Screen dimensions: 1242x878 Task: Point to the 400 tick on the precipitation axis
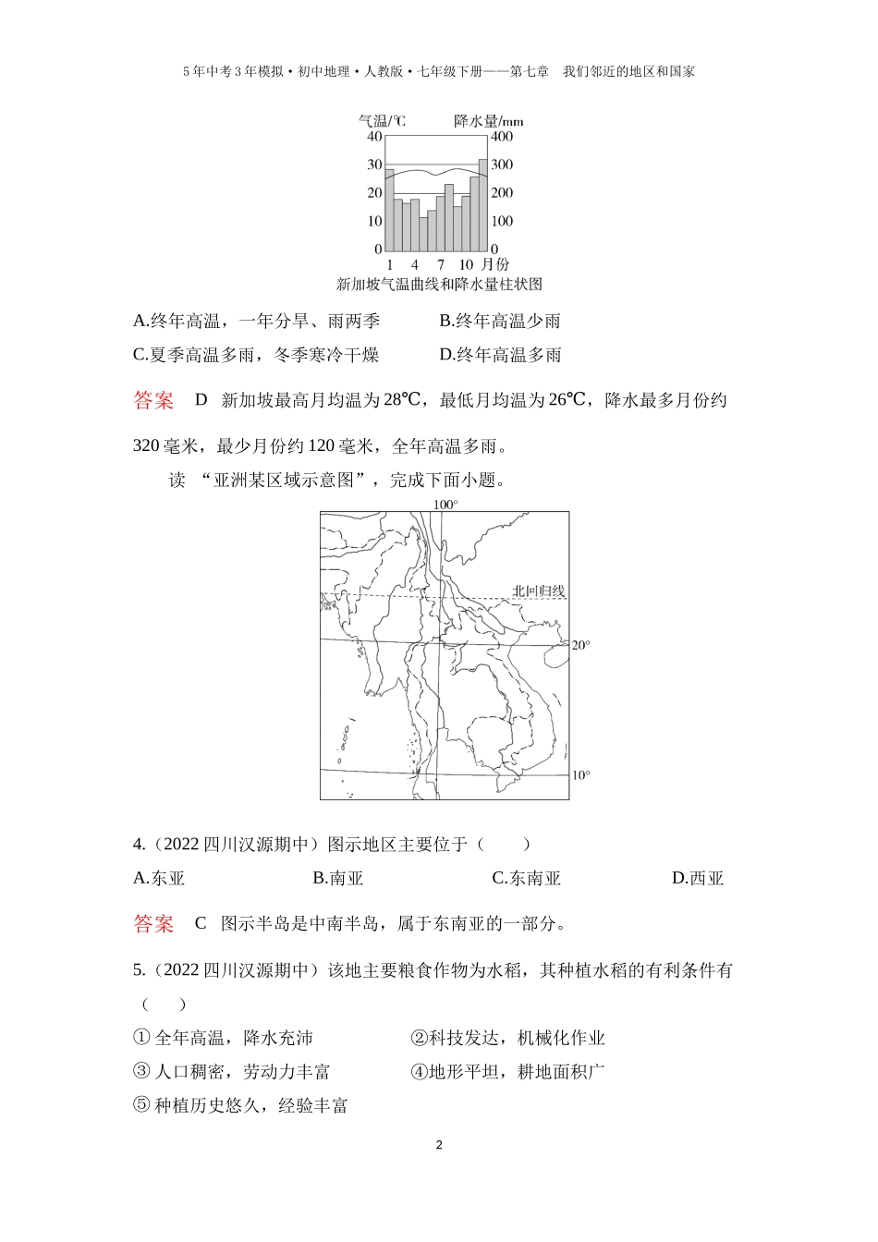click(x=502, y=137)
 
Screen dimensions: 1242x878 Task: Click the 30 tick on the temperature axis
click(x=374, y=164)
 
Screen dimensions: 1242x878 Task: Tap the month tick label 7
click(x=440, y=265)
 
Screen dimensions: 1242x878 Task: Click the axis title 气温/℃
click(x=381, y=121)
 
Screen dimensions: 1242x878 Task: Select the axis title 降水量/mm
click(x=488, y=121)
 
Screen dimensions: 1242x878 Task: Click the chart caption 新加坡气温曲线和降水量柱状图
click(x=439, y=285)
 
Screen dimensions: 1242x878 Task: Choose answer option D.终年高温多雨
click(x=500, y=355)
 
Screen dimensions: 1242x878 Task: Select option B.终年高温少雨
click(x=500, y=321)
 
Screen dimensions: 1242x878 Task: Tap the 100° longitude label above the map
click(x=445, y=505)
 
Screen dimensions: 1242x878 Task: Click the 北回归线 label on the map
click(x=538, y=591)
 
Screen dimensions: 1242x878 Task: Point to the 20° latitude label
click(x=580, y=645)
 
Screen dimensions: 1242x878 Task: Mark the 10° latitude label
click(x=580, y=775)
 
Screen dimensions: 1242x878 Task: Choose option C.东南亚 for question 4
click(x=526, y=878)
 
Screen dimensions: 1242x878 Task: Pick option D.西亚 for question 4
click(x=698, y=878)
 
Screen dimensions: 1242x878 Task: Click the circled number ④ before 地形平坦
click(x=418, y=1072)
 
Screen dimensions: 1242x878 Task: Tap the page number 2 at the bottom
click(x=439, y=1146)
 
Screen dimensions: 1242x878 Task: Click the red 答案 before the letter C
click(x=153, y=923)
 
